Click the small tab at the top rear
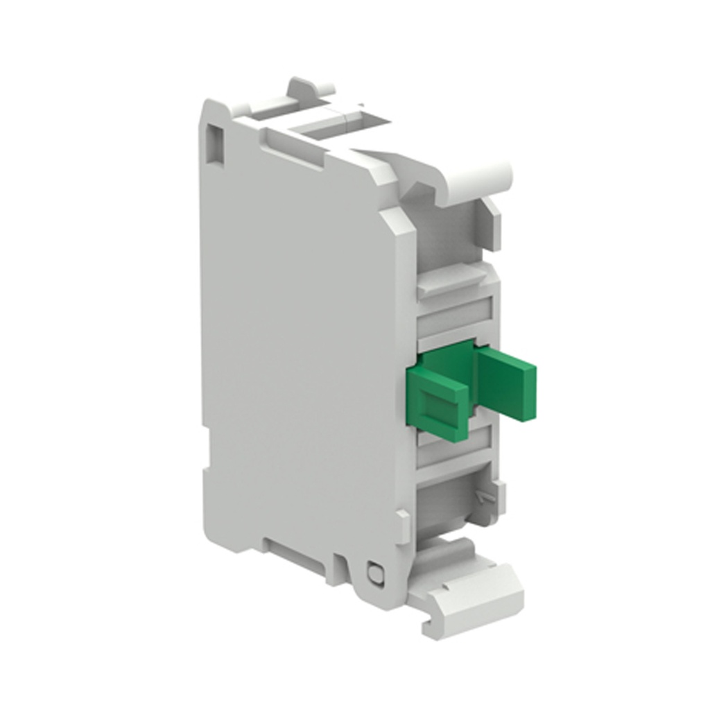(x=309, y=89)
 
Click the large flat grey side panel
(x=298, y=333)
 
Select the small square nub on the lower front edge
(x=403, y=517)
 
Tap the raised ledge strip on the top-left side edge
(x=291, y=146)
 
